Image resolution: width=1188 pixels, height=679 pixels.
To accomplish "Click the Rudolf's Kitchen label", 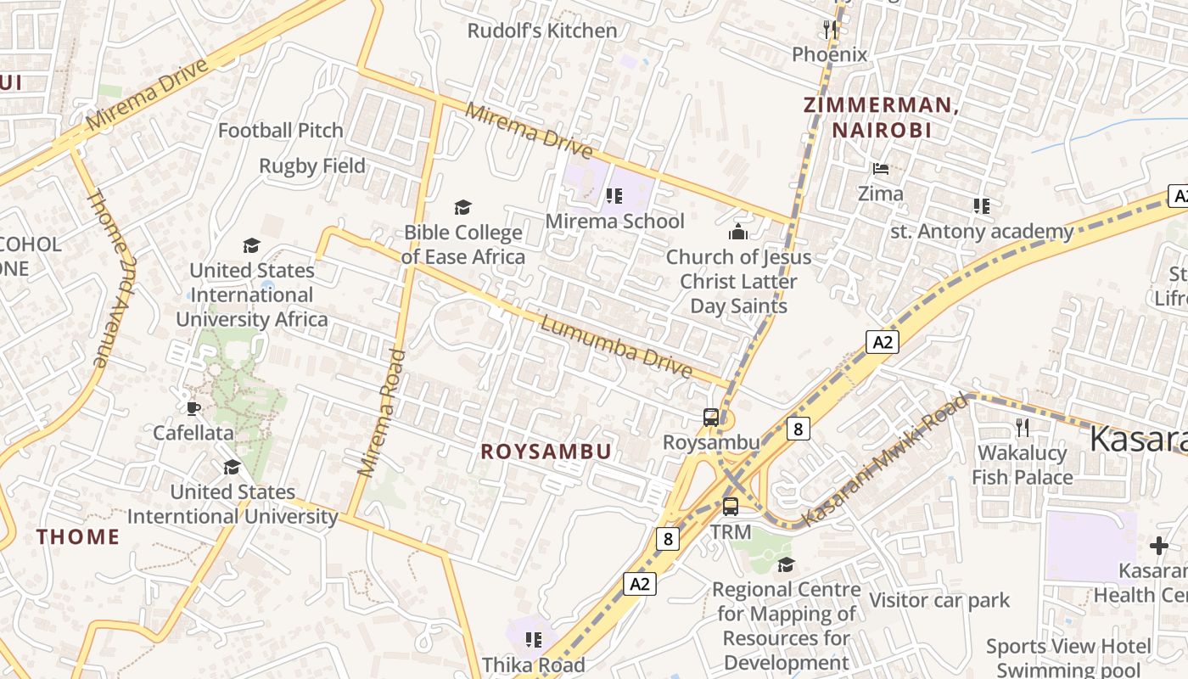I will click(542, 31).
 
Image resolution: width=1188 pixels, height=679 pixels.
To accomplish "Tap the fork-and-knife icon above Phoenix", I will click(830, 30).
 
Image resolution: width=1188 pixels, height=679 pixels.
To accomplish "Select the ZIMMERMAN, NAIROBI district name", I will click(881, 117).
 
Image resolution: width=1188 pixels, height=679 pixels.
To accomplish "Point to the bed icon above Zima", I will click(881, 169).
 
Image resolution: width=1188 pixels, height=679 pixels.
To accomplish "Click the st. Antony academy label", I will click(982, 232).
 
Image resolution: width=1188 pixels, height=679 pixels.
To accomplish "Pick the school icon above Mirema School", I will click(614, 197).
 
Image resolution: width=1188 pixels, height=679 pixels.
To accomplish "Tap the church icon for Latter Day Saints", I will click(738, 232).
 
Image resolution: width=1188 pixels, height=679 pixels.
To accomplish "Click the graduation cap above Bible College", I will click(462, 207).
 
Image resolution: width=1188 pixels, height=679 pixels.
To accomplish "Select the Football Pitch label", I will click(281, 131).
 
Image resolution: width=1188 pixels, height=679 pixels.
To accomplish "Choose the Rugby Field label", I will click(312, 166).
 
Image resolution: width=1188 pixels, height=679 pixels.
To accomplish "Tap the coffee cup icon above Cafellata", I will click(193, 408).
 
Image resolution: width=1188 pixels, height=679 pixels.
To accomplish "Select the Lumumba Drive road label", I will click(616, 347).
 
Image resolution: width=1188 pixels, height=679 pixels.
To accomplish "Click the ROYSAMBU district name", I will click(546, 452).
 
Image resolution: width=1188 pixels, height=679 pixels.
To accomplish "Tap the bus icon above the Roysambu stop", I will click(711, 418).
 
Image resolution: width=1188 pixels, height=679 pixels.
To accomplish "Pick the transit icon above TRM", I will click(731, 507).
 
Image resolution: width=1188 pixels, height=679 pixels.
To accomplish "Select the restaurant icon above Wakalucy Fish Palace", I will click(1023, 428).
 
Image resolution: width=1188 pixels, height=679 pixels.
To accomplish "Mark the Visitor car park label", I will click(939, 601).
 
